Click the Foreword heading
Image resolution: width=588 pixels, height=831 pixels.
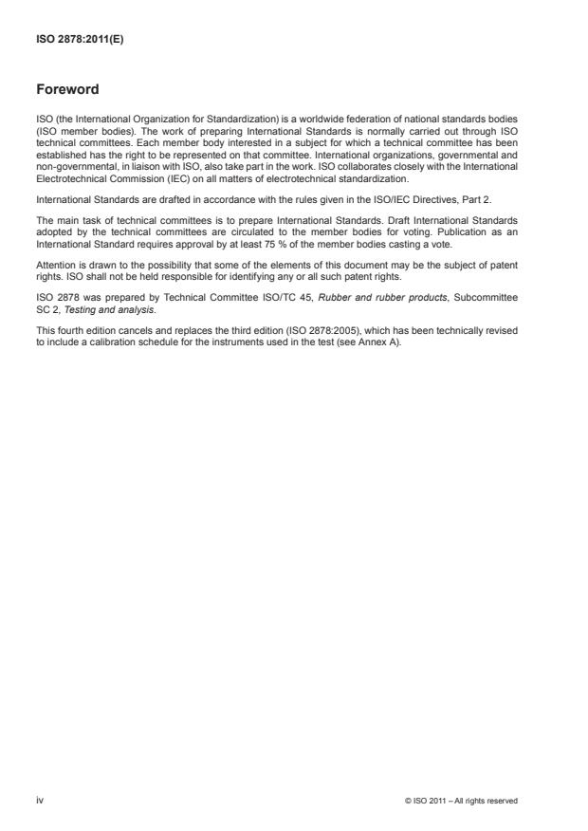coord(66,90)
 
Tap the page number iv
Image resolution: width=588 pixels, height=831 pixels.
coord(39,801)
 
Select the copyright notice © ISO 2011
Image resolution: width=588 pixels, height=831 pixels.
coord(460,802)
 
